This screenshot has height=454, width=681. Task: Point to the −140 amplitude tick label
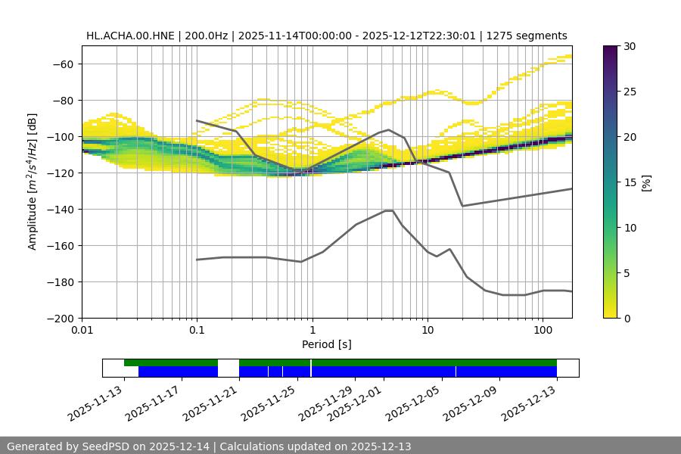61,209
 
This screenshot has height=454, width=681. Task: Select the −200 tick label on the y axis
61,318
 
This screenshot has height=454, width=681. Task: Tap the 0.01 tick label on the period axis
82,330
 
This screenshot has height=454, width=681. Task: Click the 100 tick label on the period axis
543,330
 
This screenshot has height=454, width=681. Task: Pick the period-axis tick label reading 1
312,330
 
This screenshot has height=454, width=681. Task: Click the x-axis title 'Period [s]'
327,344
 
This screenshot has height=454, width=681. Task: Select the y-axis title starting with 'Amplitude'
33,182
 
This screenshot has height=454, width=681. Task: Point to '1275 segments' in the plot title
527,36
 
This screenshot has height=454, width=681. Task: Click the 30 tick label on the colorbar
630,46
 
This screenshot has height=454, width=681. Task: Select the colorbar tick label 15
630,182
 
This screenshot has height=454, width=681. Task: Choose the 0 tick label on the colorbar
627,318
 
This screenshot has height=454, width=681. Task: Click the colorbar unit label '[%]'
646,182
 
